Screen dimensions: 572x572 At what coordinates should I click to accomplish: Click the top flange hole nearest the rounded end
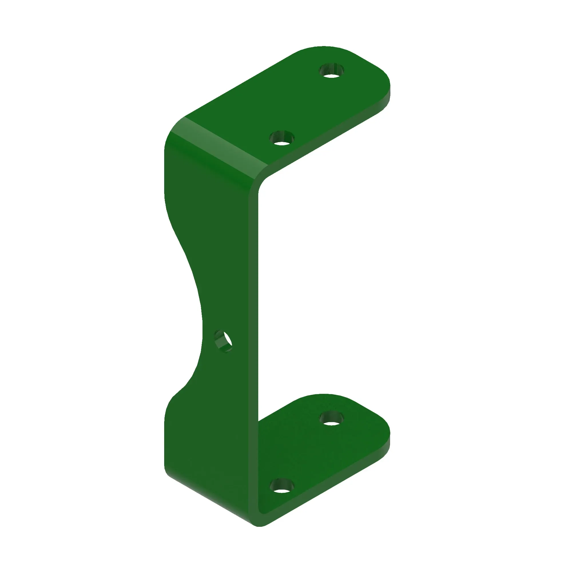pyautogui.click(x=331, y=71)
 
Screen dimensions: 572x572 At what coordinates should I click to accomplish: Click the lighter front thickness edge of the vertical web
pyautogui.click(x=253, y=326)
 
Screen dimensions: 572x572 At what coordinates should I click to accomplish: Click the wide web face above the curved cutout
pyautogui.click(x=213, y=207)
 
